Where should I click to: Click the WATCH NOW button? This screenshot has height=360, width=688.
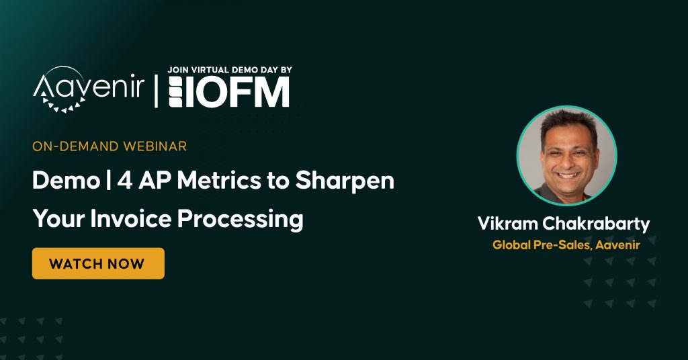pyautogui.click(x=98, y=263)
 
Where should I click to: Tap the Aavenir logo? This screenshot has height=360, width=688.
pyautogui.click(x=89, y=89)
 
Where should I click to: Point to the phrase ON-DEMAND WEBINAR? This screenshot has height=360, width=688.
pyautogui.click(x=110, y=146)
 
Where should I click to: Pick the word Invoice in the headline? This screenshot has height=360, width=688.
pyautogui.click(x=131, y=218)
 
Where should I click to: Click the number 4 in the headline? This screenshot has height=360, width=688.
pyautogui.click(x=125, y=180)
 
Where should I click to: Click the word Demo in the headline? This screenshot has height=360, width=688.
pyautogui.click(x=67, y=180)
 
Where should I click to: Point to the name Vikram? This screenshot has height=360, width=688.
pyautogui.click(x=507, y=224)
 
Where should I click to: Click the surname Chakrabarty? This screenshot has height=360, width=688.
pyautogui.click(x=596, y=224)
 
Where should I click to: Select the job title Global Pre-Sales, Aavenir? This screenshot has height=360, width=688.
pyautogui.click(x=566, y=244)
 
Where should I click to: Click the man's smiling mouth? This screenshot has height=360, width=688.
pyautogui.click(x=568, y=175)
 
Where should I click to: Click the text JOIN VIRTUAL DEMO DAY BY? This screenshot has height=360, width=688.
pyautogui.click(x=230, y=70)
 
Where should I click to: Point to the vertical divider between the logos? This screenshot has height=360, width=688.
pyautogui.click(x=156, y=91)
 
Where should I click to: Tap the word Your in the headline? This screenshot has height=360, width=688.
pyautogui.click(x=58, y=218)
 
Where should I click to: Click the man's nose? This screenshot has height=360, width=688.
pyautogui.click(x=568, y=161)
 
